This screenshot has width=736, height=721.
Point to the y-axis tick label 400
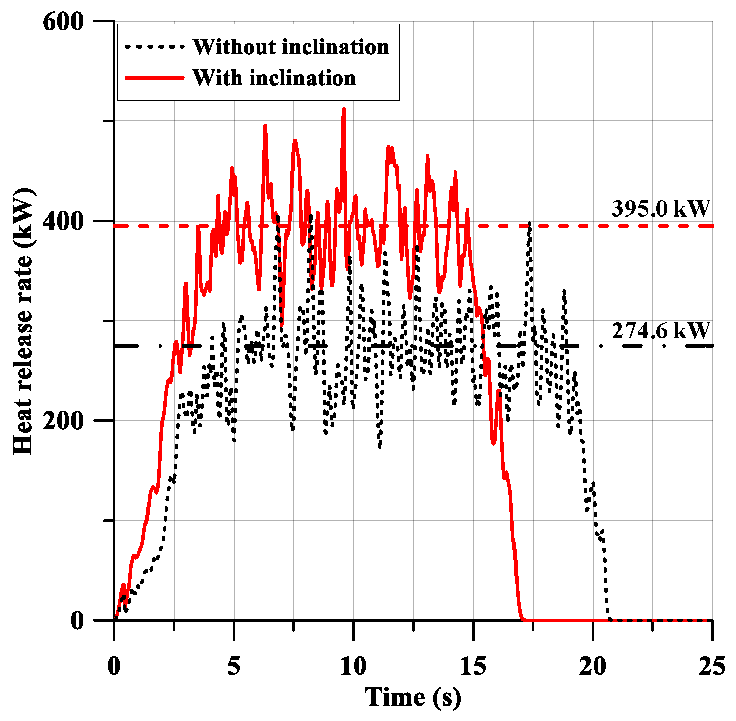(62, 221)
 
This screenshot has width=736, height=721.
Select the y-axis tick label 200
(62, 421)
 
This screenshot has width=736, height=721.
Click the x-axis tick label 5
(234, 666)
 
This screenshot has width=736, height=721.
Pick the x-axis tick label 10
(353, 666)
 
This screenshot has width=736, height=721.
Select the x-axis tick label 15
(473, 666)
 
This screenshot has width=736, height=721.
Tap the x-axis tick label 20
(593, 666)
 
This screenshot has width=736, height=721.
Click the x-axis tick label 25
(712, 666)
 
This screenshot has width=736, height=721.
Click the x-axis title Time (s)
(413, 697)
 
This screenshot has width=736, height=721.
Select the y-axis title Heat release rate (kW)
(23, 321)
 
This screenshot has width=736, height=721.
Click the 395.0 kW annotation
(660, 208)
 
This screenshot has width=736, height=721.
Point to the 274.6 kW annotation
(660, 331)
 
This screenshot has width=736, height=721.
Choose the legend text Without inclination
(290, 47)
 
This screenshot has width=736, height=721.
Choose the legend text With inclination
(274, 78)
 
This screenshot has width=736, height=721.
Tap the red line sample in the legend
(154, 78)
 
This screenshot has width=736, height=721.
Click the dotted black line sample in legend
(154, 47)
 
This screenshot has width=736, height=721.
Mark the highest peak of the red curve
(344, 109)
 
